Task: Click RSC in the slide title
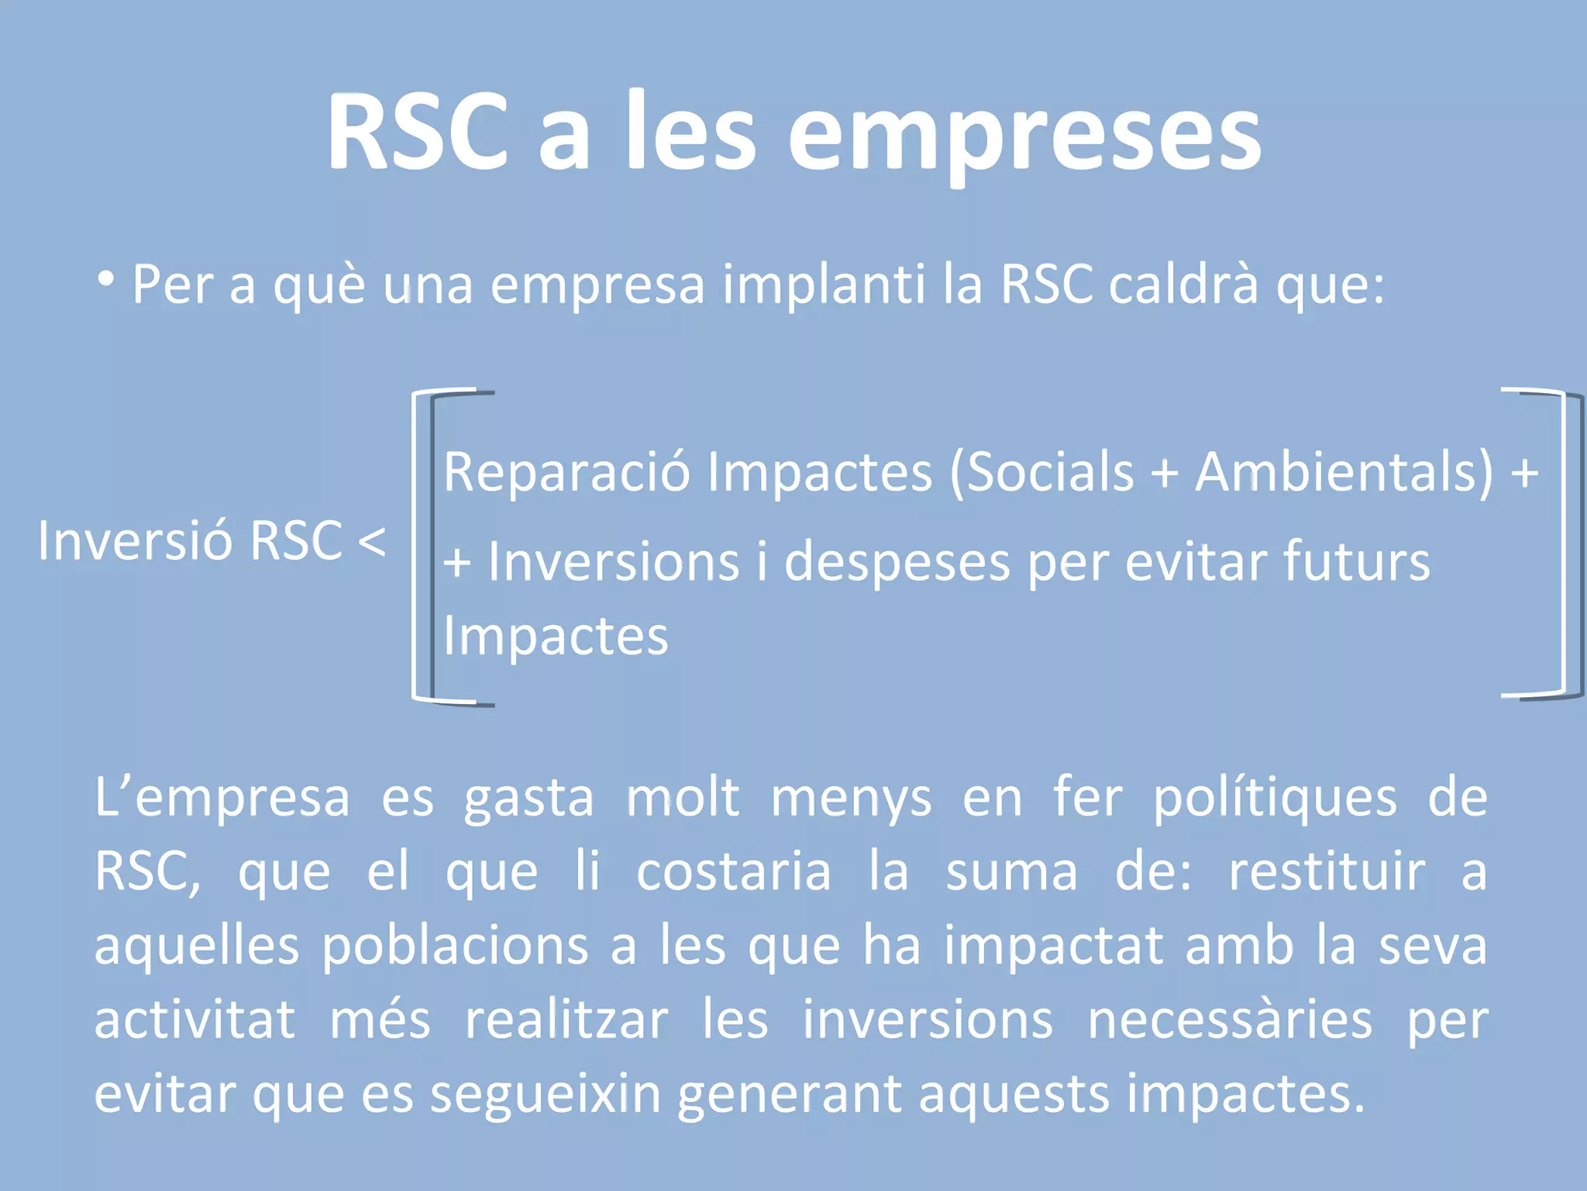(417, 132)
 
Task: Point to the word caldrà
(1183, 285)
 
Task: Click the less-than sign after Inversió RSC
(373, 540)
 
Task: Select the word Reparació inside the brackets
(566, 472)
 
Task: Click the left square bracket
(422, 547)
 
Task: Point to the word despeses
(897, 561)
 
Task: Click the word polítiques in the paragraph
(1275, 799)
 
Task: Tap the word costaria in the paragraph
(733, 872)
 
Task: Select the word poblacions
(455, 946)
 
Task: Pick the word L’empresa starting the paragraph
(222, 799)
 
